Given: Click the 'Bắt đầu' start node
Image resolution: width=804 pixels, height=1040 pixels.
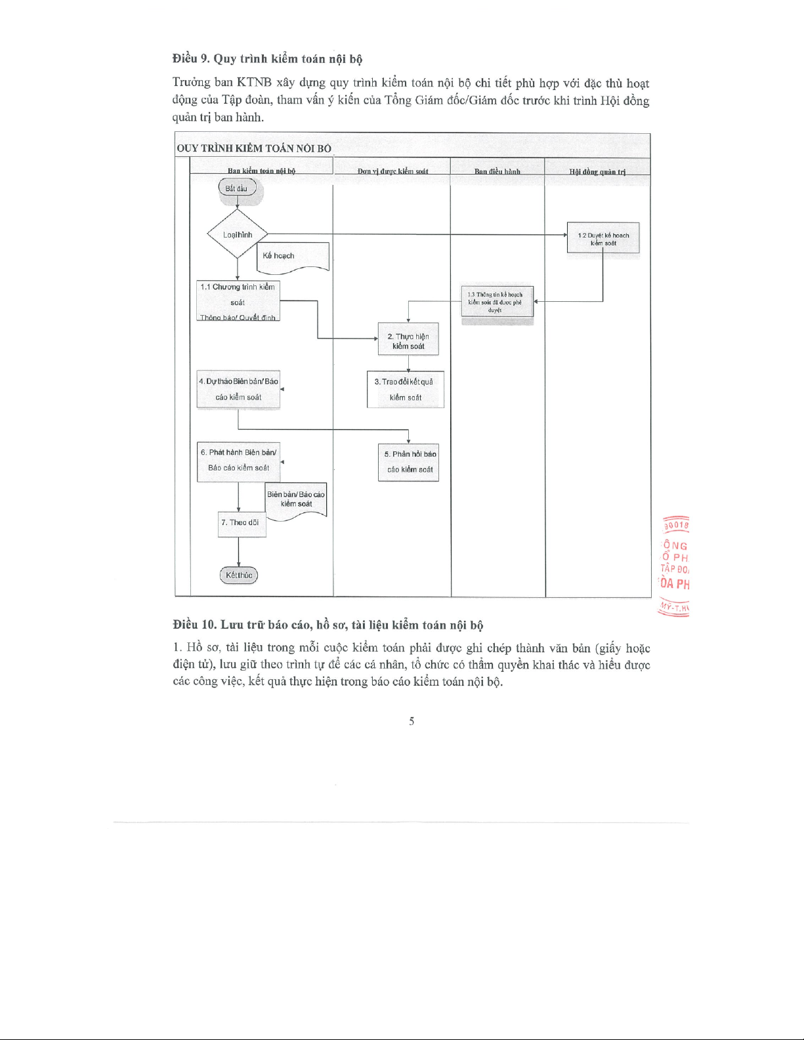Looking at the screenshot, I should pyautogui.click(x=236, y=188).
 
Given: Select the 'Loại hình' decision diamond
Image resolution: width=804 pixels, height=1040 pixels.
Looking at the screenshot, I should pyautogui.click(x=237, y=234).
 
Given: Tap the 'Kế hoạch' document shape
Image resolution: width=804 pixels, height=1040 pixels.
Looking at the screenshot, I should pyautogui.click(x=292, y=256).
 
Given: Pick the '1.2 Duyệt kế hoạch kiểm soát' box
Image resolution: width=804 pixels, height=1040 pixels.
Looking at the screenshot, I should pyautogui.click(x=603, y=238).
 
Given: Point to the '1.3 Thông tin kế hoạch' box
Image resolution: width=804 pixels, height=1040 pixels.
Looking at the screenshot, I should pyautogui.click(x=497, y=302).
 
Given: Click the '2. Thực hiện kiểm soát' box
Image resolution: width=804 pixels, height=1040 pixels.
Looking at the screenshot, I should pyautogui.click(x=408, y=340).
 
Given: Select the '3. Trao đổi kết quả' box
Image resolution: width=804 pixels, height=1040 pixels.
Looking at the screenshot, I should pyautogui.click(x=405, y=390).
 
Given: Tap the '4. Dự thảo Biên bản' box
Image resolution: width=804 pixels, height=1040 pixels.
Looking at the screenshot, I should pyautogui.click(x=238, y=390).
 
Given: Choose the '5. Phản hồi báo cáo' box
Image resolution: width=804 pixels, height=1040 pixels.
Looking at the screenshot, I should pyautogui.click(x=408, y=463).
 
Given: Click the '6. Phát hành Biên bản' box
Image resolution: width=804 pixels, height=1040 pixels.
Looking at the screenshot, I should pyautogui.click(x=238, y=461).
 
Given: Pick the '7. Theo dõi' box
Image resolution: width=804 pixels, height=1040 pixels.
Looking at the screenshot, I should pyautogui.click(x=242, y=524).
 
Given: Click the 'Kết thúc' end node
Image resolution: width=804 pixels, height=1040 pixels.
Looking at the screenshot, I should pyautogui.click(x=239, y=575).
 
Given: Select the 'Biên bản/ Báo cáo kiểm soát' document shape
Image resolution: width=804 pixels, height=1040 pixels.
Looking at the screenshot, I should pyautogui.click(x=296, y=500).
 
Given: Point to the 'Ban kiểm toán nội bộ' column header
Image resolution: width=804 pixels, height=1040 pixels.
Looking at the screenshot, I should pyautogui.click(x=261, y=171).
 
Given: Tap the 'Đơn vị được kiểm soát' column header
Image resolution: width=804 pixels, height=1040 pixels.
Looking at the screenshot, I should pyautogui.click(x=392, y=171).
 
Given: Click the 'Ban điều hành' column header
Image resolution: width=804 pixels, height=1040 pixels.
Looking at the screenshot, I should pyautogui.click(x=497, y=171).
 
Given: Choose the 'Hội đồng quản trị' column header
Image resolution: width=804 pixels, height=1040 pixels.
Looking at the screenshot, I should pyautogui.click(x=597, y=172).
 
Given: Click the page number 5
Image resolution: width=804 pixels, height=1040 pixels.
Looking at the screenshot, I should pyautogui.click(x=412, y=721).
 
